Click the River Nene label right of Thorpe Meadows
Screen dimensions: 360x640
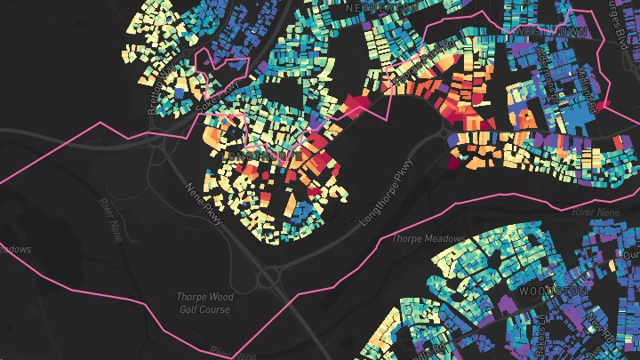pos(595,212)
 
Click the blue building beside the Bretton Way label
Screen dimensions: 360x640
pos(180,91)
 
